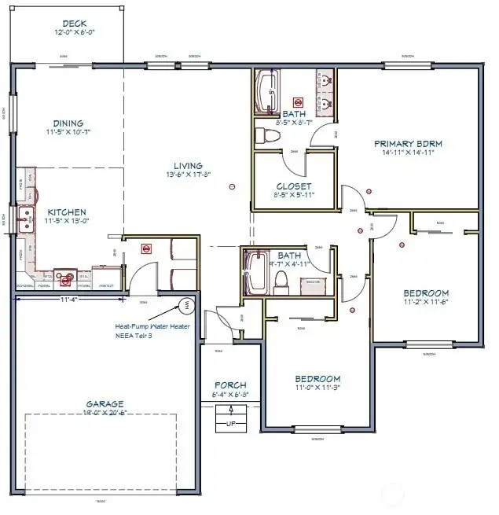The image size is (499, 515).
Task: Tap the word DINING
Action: click(68, 123)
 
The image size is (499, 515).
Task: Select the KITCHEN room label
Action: click(67, 212)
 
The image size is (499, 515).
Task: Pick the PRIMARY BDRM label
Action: click(408, 143)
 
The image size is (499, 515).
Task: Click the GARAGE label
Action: click(105, 404)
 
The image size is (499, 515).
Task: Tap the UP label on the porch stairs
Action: click(230, 423)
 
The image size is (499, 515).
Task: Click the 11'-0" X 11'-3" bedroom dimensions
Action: click(317, 388)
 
